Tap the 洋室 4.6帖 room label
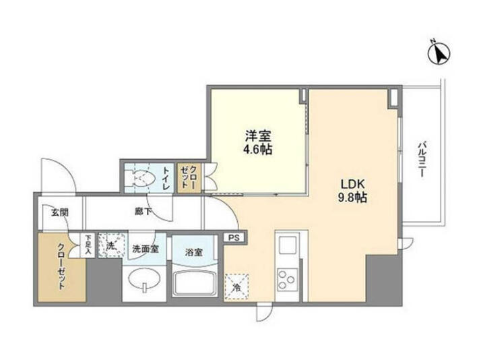258,142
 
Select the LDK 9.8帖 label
352,190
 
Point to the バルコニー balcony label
420,159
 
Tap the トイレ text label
166,179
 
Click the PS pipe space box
234,238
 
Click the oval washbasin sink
144,280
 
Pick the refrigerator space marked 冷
236,287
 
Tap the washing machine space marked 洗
112,245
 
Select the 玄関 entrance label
60,212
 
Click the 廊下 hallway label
143,212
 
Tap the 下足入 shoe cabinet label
88,245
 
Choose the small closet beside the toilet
189,177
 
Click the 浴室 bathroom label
193,252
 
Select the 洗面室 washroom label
145,249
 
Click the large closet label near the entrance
61,266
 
